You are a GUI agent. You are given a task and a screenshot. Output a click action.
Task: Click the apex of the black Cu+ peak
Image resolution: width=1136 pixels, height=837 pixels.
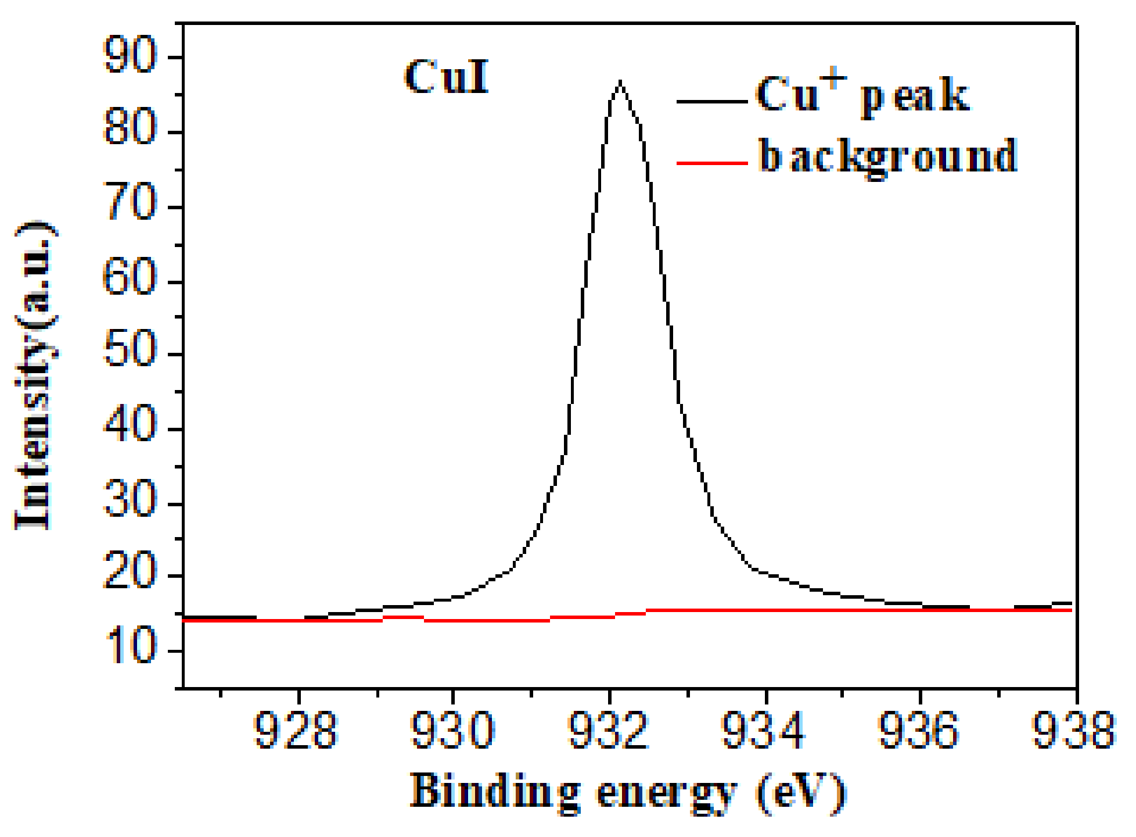coord(620,82)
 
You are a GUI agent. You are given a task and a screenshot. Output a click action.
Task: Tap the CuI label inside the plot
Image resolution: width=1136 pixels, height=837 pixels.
coord(446,77)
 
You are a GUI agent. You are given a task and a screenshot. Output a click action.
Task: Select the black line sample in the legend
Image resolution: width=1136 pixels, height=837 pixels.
coord(711,102)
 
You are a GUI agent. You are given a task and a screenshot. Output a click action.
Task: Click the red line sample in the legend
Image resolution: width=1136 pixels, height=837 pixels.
coord(711,163)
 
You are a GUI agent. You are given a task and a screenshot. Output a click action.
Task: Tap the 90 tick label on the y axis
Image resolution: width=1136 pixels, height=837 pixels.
coord(130,55)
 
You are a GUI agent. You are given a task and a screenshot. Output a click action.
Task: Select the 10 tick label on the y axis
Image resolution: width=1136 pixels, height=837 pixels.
coord(130,646)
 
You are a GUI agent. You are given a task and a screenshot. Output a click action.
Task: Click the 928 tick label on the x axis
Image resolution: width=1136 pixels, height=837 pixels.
coord(296,730)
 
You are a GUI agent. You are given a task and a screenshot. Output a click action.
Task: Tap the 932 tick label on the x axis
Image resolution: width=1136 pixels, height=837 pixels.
coord(607,730)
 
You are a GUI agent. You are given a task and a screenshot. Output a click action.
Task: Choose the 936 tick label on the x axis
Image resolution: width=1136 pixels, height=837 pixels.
coord(918,730)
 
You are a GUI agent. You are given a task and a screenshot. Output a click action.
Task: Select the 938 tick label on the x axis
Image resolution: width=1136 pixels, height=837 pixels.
coord(1073,730)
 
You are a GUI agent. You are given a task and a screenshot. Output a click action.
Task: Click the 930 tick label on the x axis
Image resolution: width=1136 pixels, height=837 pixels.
coord(452,730)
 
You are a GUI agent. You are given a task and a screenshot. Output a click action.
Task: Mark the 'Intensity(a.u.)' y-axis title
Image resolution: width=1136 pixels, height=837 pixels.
coord(35,375)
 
